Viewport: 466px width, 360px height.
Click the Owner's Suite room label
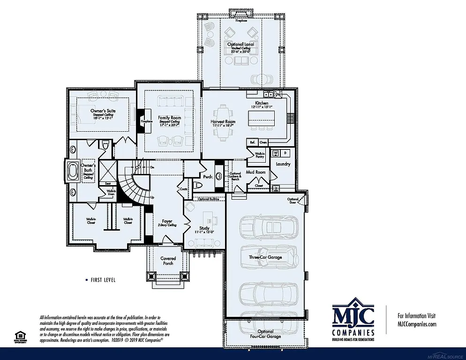click(103, 111)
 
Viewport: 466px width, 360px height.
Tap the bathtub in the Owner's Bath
click(73, 171)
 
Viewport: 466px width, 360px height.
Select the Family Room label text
click(169, 118)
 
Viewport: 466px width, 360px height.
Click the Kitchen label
click(262, 103)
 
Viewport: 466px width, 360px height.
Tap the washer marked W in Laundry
click(276, 153)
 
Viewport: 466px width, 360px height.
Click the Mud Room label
click(256, 172)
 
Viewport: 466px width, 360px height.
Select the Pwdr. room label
click(208, 177)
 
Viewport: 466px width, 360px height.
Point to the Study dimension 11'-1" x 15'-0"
click(205, 232)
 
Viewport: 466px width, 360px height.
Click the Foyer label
click(167, 221)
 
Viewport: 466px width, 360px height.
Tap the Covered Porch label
click(168, 261)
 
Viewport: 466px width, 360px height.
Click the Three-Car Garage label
click(265, 257)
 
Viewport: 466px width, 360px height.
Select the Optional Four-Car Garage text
click(265, 334)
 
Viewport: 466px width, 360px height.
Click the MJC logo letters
click(353, 316)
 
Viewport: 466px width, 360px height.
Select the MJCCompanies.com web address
click(417, 323)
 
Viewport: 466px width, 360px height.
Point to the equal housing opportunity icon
click(20, 336)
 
